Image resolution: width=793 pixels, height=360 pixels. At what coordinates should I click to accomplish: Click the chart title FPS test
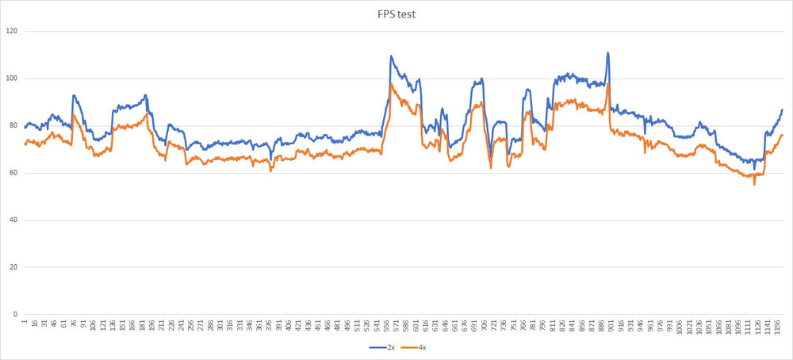[x=396, y=13]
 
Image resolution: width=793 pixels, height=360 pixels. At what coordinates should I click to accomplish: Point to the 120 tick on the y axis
[x=11, y=31]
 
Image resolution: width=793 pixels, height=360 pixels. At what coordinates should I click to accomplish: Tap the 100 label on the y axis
[x=11, y=79]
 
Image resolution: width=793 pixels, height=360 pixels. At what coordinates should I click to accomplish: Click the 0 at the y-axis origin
[x=15, y=314]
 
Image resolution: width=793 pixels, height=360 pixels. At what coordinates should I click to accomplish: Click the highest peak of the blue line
[x=608, y=53]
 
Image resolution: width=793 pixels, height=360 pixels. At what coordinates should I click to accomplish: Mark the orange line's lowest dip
[x=754, y=185]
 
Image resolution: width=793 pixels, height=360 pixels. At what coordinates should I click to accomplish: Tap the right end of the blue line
[x=782, y=110]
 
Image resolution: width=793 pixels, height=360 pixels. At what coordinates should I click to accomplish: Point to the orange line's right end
[x=782, y=135]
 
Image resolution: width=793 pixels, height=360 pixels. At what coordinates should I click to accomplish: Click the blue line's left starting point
[x=25, y=128]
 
